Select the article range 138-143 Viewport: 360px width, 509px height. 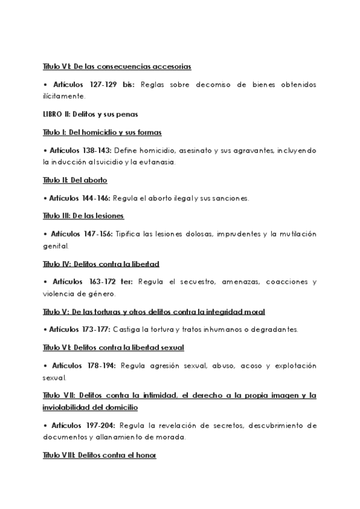92,150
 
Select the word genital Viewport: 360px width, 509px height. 56,245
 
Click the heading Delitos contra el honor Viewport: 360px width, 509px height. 113,456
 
